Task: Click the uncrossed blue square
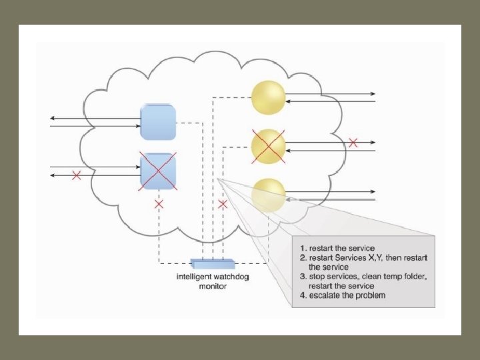tap(159, 121)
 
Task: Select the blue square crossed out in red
tap(159, 171)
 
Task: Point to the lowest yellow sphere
tap(268, 193)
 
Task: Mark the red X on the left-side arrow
tap(77, 175)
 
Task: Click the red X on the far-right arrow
tap(353, 142)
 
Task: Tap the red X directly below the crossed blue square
tap(159, 204)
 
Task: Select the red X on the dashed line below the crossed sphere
tap(222, 204)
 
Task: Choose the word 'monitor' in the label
tap(213, 287)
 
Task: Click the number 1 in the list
tap(301, 249)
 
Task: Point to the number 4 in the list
tap(301, 295)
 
